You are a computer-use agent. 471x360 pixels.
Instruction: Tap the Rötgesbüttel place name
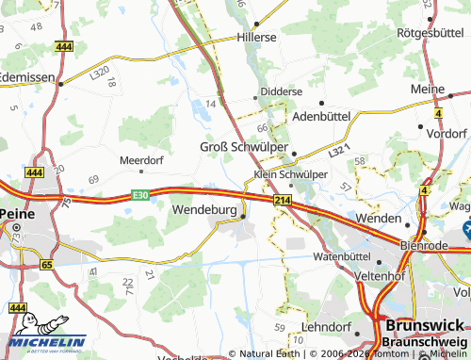428,32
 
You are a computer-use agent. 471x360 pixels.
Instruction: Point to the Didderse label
282,91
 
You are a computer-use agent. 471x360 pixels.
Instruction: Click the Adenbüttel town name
322,116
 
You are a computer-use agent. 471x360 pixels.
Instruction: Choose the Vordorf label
447,134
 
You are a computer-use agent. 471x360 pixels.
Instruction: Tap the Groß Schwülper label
241,146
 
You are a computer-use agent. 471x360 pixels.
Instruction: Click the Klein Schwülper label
291,174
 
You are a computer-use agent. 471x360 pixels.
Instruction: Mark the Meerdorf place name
141,160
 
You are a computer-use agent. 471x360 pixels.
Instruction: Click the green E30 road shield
140,194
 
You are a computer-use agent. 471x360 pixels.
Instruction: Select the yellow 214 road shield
282,201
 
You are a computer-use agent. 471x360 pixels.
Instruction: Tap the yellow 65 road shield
46,266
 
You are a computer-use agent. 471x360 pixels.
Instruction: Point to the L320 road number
99,72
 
